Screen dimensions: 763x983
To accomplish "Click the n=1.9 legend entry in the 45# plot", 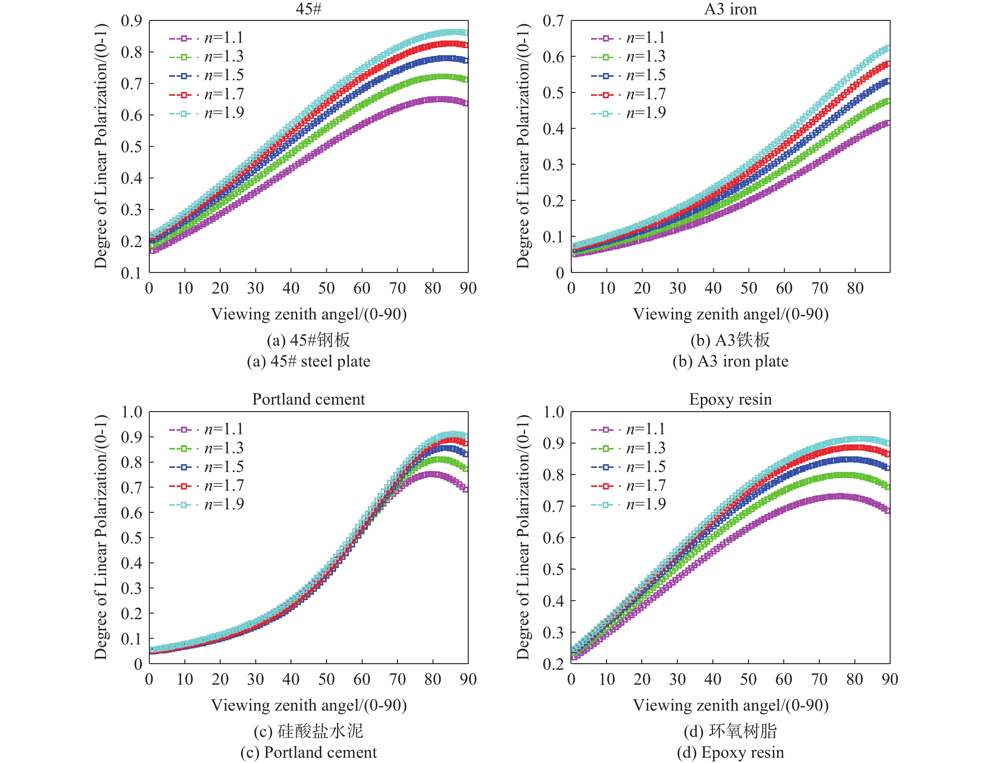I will [x=207, y=113].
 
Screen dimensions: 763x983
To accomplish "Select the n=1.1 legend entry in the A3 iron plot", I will [x=629, y=38].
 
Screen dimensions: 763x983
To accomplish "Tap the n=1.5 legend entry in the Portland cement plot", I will [x=207, y=467].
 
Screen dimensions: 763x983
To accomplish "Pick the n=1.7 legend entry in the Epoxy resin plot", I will [x=629, y=486].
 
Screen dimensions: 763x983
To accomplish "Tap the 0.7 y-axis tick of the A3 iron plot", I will [x=553, y=21].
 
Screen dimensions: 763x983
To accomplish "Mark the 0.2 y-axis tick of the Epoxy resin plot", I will [x=553, y=664].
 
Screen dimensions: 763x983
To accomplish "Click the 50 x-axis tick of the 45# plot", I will [x=326, y=288].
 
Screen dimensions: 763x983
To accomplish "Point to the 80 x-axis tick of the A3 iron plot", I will [x=855, y=288].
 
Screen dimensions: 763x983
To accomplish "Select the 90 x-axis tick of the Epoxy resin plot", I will [x=890, y=679].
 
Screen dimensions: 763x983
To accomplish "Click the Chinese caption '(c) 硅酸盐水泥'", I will [x=308, y=731].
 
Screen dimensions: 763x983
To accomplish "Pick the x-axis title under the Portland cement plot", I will [x=309, y=705].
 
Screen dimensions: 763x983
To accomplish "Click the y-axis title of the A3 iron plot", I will [x=523, y=146].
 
